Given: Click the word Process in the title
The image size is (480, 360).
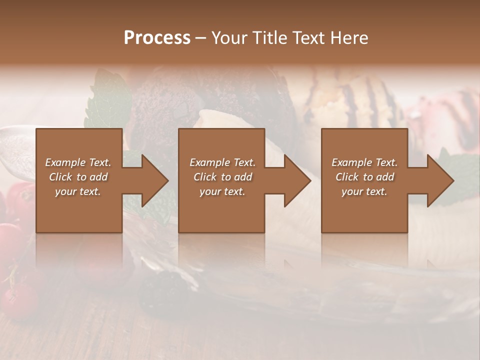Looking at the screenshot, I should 157,38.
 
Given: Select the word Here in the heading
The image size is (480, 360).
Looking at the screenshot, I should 349,38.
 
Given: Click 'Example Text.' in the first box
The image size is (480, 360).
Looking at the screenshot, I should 78,162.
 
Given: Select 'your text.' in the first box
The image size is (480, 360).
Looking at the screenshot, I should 78,191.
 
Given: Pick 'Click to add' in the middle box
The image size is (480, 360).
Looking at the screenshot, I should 222,177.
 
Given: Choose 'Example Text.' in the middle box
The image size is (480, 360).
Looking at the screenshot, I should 222,162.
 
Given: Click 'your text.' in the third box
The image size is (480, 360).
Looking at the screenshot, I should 364,191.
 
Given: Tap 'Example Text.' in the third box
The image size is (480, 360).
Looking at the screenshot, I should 364,162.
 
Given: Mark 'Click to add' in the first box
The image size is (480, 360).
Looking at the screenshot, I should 78,177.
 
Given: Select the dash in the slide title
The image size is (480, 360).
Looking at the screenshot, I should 201,38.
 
